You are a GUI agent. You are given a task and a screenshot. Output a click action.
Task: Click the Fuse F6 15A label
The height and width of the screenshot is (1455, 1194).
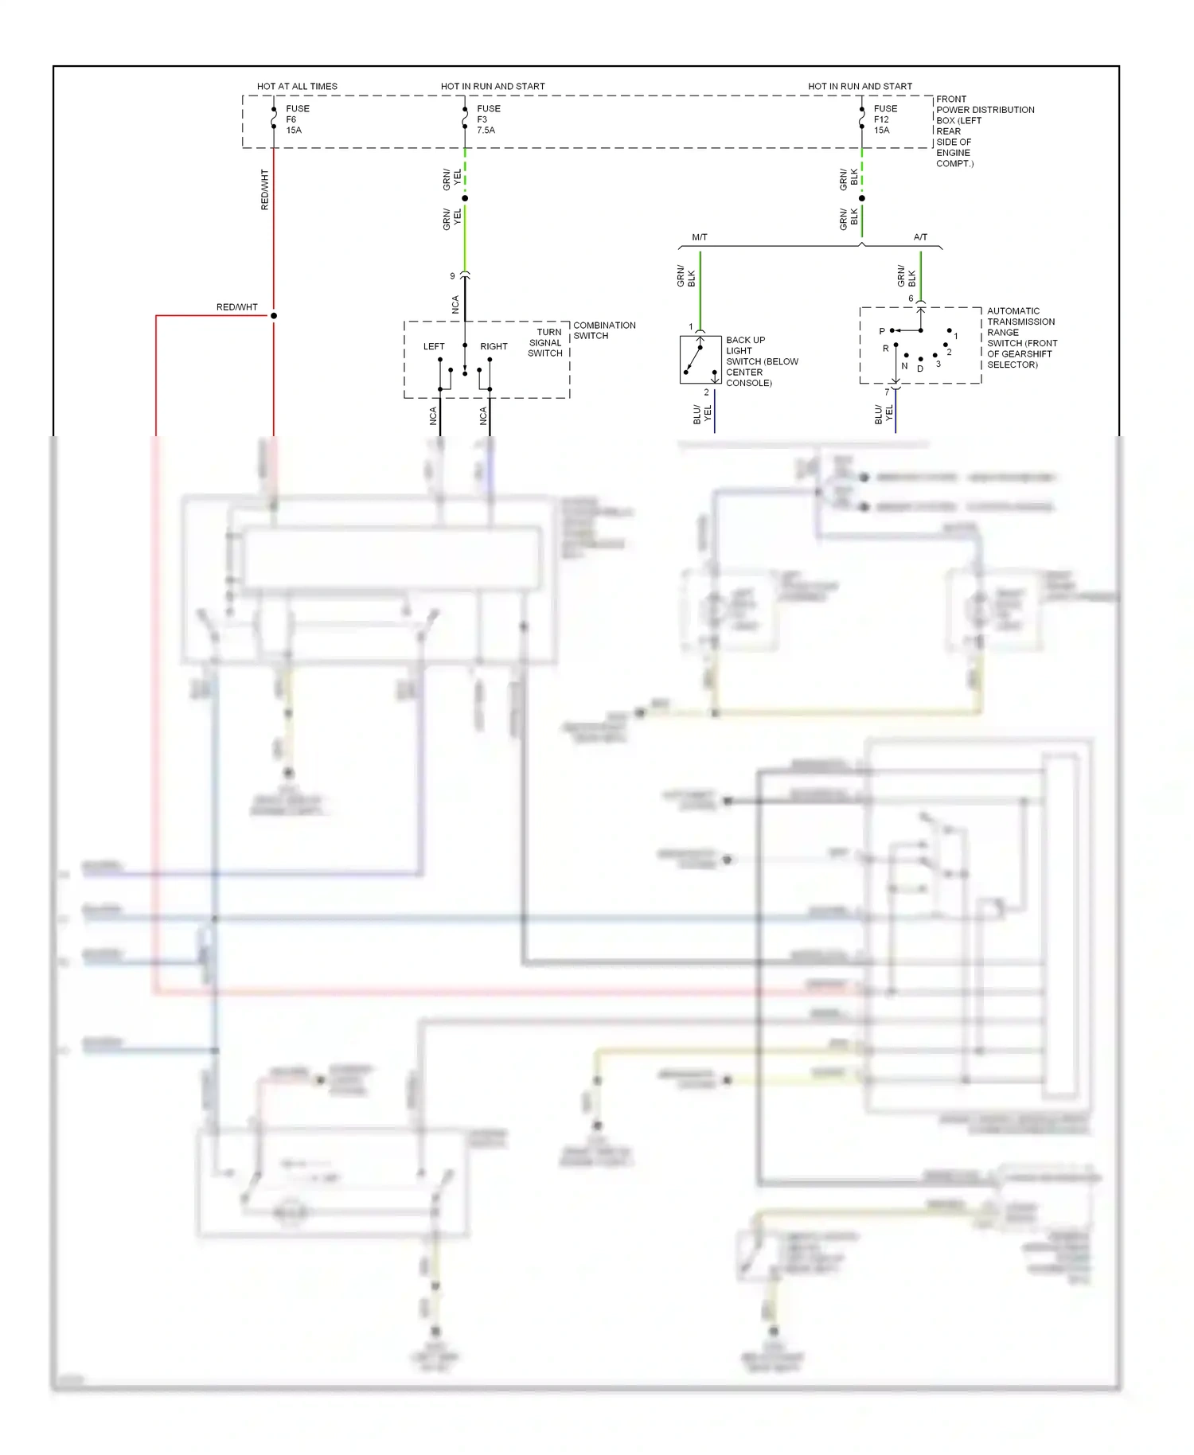297,119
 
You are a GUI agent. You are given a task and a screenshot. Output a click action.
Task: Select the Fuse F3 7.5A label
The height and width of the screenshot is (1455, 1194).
488,119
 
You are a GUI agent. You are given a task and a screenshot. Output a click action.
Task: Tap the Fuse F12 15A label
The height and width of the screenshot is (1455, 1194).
884,119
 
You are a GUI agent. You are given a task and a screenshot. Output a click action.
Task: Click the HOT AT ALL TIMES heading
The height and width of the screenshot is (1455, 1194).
297,86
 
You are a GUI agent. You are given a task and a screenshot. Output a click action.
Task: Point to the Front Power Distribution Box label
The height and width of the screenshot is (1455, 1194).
984,131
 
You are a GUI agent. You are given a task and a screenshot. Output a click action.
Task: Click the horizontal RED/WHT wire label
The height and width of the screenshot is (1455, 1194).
236,307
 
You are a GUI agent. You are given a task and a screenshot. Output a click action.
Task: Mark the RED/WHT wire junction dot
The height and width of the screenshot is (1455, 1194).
274,316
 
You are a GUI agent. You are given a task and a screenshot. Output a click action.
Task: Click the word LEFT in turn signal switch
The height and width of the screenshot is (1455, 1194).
434,346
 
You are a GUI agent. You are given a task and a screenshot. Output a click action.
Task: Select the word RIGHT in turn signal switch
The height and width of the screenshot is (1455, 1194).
494,346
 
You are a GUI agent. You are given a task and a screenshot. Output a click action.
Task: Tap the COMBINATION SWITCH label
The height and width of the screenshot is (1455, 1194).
603,330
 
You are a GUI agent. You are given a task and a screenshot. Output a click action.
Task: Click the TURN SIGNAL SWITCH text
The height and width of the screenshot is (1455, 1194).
546,342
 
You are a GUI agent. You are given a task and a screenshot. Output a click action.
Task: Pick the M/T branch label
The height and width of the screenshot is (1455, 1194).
700,237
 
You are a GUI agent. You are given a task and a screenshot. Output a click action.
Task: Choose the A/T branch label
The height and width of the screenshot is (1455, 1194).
920,237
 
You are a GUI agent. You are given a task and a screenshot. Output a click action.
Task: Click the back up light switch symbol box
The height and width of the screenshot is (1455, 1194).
700,360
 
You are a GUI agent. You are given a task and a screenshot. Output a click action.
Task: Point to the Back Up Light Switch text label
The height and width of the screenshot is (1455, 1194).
761,361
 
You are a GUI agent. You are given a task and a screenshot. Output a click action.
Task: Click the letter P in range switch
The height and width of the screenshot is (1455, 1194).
882,331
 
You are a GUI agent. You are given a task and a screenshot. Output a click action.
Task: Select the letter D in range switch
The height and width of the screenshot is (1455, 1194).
920,369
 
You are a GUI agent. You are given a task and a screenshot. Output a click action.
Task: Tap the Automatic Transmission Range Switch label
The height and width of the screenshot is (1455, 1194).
1021,337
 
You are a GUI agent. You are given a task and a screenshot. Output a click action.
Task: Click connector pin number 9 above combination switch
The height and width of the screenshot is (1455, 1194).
452,276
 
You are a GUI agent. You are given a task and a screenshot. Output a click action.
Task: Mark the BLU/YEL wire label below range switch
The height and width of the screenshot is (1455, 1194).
884,414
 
